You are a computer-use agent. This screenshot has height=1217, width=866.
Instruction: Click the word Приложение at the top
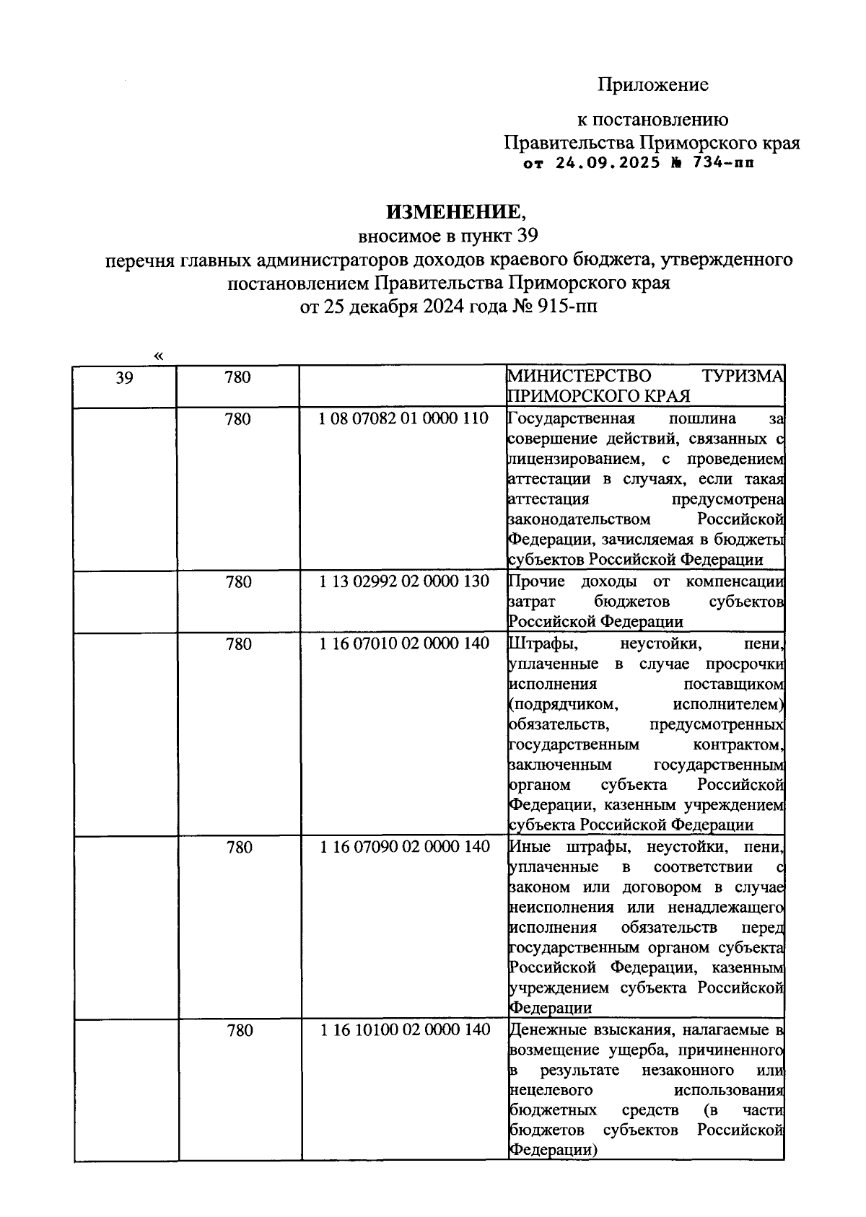[x=652, y=85]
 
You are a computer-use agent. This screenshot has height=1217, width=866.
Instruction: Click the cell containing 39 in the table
[x=124, y=377]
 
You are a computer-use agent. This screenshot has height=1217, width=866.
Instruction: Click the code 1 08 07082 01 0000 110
[x=403, y=418]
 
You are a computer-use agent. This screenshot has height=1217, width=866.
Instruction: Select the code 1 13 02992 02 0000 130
[x=404, y=581]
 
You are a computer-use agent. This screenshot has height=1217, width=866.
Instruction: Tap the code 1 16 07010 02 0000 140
[x=404, y=643]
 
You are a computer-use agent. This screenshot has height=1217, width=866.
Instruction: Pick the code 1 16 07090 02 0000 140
[x=404, y=847]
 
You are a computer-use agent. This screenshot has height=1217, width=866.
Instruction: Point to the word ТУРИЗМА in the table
[x=743, y=377]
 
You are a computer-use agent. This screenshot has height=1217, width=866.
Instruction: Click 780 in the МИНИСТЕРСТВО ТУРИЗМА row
[x=238, y=377]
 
